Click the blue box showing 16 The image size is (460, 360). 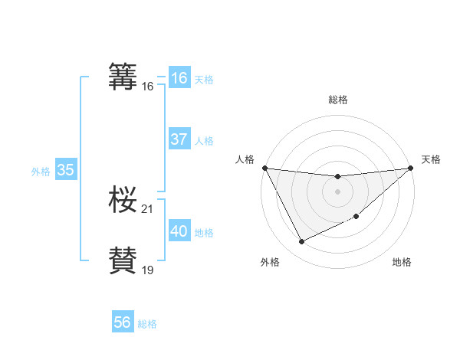click(x=179, y=78)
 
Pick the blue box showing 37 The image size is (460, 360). click(x=179, y=139)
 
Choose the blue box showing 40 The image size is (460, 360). click(x=179, y=231)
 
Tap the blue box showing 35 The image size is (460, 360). click(x=65, y=170)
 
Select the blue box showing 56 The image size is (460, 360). click(x=122, y=322)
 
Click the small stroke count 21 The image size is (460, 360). click(x=148, y=209)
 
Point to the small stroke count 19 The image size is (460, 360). click(x=148, y=270)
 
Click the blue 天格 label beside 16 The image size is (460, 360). click(x=204, y=80)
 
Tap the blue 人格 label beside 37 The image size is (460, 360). click(x=204, y=141)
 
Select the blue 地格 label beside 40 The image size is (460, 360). click(x=204, y=233)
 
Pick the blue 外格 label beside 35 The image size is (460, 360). click(x=41, y=172)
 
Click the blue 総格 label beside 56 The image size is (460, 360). click(x=147, y=324)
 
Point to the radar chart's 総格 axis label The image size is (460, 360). click(x=338, y=100)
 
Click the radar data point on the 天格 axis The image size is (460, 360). click(x=410, y=168)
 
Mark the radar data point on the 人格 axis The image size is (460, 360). click(x=264, y=168)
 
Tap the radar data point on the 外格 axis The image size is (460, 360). click(x=301, y=242)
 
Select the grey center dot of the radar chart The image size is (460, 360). click(x=337, y=191)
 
